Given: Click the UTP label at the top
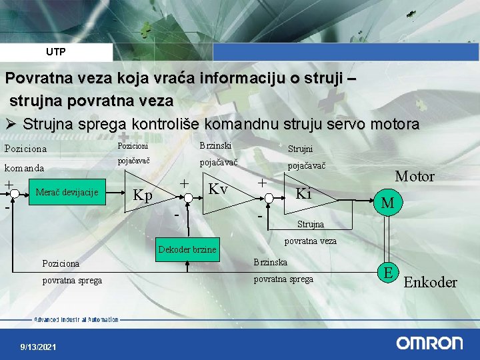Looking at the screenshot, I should [x=56, y=51].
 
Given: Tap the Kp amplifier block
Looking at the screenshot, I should [x=147, y=195].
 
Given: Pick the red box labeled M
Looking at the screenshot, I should [x=387, y=202].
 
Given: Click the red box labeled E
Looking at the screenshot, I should [x=387, y=271].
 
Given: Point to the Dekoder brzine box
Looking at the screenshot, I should [x=187, y=249].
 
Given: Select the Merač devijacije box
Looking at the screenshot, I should [x=67, y=193].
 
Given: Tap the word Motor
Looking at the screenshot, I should [x=414, y=177].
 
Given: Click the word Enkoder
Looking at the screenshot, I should [x=431, y=282].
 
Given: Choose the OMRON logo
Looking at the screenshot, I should [x=429, y=343].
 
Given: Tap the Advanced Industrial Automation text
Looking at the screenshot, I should [x=77, y=320].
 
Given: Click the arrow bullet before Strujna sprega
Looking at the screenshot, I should [x=11, y=125].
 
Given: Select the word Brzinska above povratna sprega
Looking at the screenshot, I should [x=271, y=263].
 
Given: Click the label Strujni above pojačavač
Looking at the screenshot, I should [x=300, y=149].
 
